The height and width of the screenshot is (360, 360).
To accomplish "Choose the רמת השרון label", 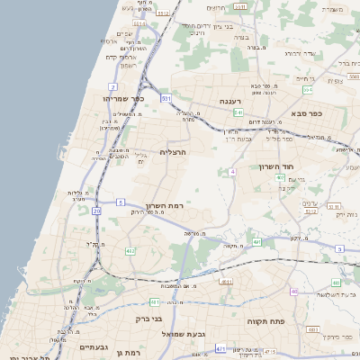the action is click(164, 206).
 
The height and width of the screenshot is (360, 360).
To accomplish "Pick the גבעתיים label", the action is click(94, 346).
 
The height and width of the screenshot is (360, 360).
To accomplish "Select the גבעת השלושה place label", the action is click(321, 294).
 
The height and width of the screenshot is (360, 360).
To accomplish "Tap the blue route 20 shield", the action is click(96, 210).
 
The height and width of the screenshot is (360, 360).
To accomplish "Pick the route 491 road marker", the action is click(257, 242).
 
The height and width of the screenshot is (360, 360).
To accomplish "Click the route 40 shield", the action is click(293, 292).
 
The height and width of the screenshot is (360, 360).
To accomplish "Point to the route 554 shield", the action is click(307, 89).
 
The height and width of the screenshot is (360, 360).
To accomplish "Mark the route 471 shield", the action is click(220, 347).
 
